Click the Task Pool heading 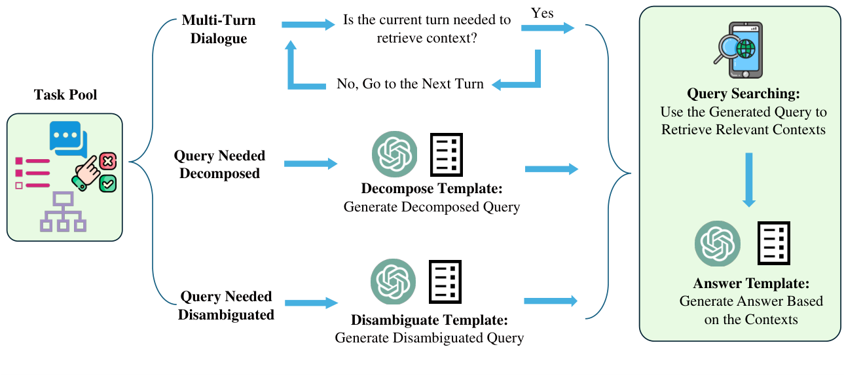[65, 96]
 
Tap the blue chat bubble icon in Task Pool [66, 137]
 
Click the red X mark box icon [108, 161]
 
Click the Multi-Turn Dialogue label [219, 29]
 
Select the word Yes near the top [543, 14]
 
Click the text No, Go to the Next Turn [411, 84]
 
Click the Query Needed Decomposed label [219, 164]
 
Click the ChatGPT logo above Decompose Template [394, 155]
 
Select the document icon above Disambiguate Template [445, 282]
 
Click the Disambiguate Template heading [429, 321]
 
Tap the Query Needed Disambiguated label [227, 306]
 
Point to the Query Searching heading [743, 94]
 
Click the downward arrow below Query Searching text [749, 180]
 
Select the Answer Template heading [751, 284]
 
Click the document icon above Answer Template [774, 243]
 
